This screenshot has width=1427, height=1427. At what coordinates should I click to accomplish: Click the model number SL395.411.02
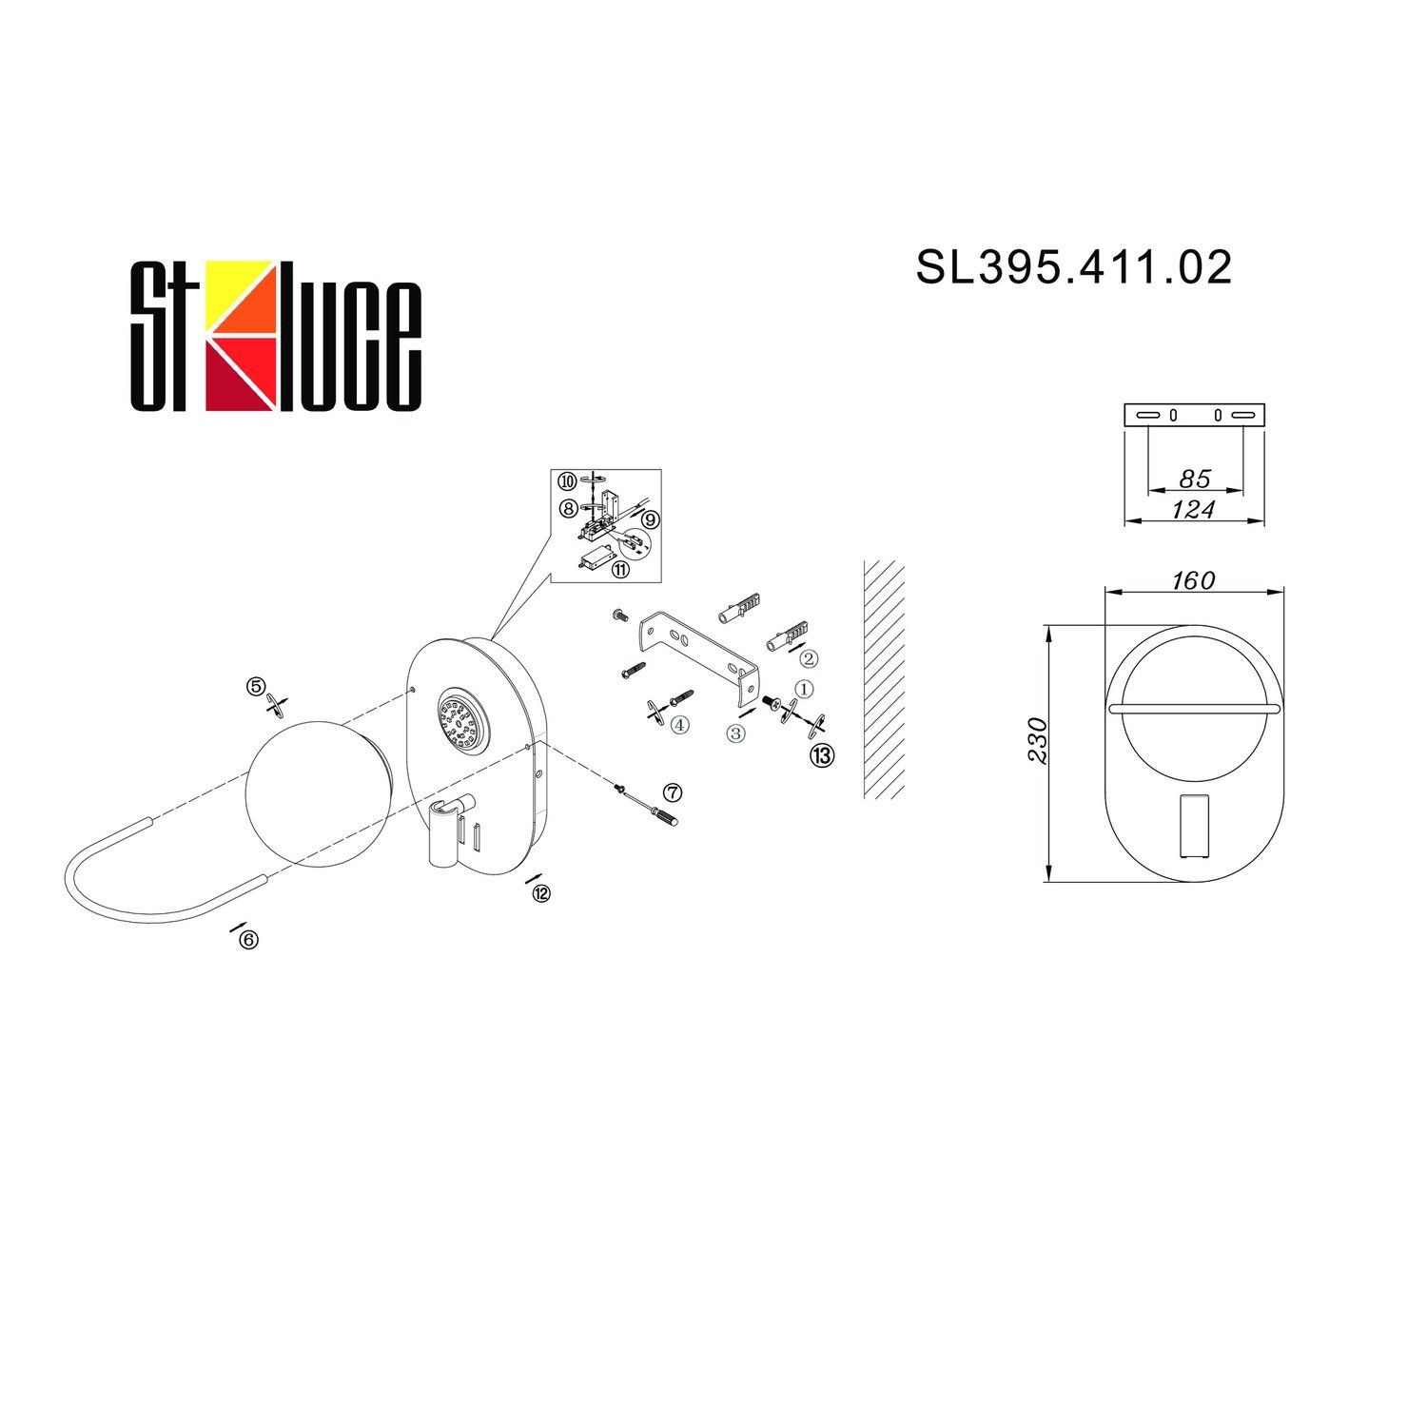pyautogui.click(x=1074, y=267)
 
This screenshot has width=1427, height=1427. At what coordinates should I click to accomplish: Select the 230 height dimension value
pyautogui.click(x=1038, y=740)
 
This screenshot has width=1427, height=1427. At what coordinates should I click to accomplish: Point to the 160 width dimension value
pyautogui.click(x=1193, y=579)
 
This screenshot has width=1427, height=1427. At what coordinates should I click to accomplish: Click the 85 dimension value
pyautogui.click(x=1195, y=479)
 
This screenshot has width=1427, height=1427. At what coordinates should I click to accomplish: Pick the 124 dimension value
pyautogui.click(x=1193, y=510)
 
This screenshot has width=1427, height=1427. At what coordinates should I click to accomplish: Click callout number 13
pyautogui.click(x=822, y=755)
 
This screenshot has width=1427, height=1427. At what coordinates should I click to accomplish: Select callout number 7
pyautogui.click(x=673, y=792)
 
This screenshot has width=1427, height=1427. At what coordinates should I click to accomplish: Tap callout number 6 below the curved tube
pyautogui.click(x=249, y=939)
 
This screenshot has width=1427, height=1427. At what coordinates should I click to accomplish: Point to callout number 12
pyautogui.click(x=541, y=893)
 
